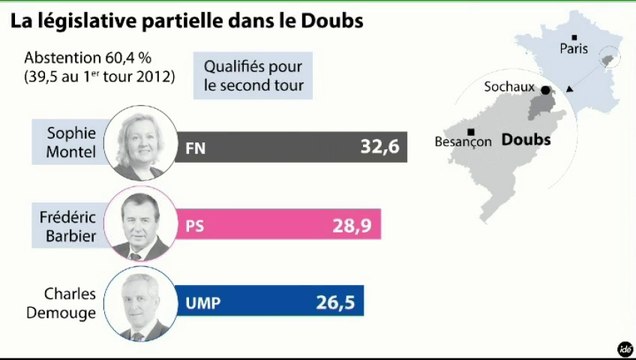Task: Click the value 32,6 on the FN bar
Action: coord(379,147)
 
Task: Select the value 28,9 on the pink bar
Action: coord(351,226)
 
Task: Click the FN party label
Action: coord(196,148)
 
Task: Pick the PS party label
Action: coord(195,226)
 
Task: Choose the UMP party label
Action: coord(202,300)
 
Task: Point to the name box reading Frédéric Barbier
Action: coord(69,225)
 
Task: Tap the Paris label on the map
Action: coord(574,47)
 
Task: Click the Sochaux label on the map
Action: coord(508,87)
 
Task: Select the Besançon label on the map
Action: coord(462,142)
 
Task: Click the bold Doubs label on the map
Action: coord(526,140)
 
